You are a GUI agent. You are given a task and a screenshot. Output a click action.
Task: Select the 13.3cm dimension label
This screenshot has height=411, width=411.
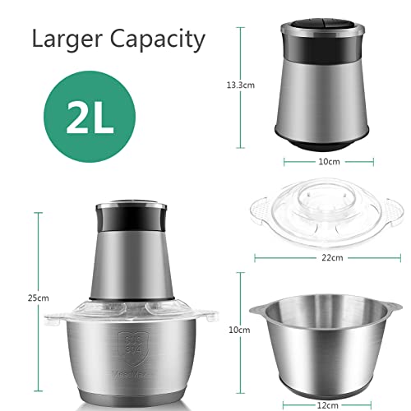click(x=242, y=83)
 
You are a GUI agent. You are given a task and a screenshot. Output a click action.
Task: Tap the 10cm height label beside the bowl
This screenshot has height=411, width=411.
click(x=239, y=330)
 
